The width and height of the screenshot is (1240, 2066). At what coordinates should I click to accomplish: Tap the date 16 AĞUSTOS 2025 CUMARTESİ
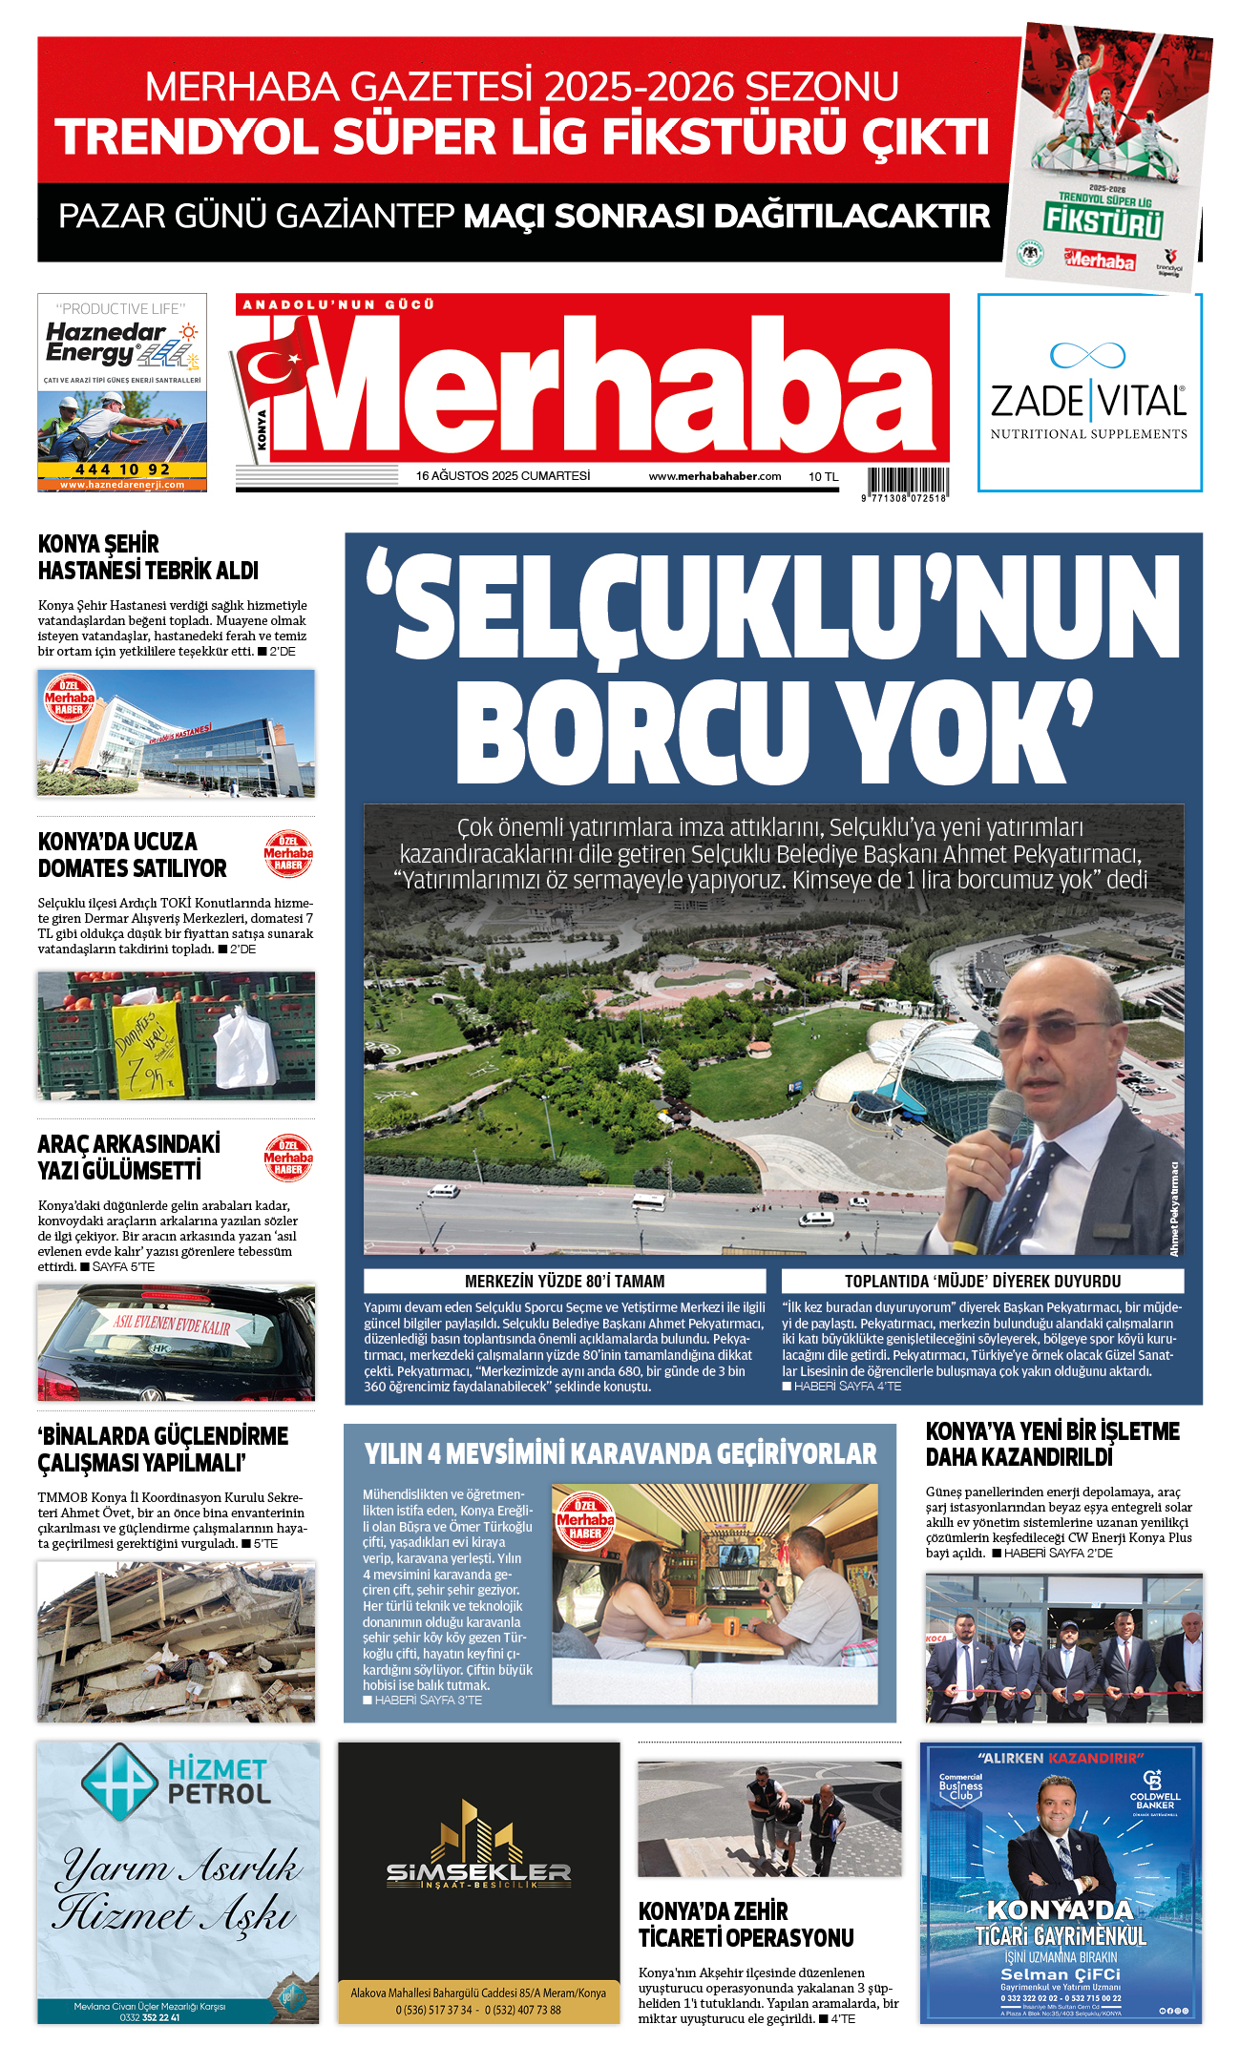coord(502,475)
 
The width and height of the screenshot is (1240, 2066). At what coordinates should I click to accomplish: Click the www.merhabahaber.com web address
coord(714,476)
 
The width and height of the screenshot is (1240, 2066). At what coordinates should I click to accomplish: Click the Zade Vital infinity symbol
coord(1087,355)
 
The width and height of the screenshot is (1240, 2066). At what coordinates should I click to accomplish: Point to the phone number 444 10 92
coord(122,470)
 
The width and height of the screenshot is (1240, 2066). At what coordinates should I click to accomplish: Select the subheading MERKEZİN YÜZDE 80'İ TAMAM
coord(564,1282)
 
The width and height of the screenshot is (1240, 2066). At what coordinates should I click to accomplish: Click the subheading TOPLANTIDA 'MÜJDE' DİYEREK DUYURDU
coord(982,1282)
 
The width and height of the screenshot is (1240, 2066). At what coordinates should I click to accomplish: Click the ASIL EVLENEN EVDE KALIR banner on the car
coord(173,1325)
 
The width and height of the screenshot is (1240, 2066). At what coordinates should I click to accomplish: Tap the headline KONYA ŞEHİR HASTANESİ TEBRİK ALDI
coord(148,557)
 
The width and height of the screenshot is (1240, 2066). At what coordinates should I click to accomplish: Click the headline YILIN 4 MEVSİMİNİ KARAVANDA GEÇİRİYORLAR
coord(620,1453)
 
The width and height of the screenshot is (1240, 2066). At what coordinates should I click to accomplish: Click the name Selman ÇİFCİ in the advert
coord(1060,1974)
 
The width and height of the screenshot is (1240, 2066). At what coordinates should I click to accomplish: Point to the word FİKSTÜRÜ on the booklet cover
coord(1103,220)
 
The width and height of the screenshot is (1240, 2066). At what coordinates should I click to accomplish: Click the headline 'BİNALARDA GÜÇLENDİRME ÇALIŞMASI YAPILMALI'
coord(162,1449)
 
